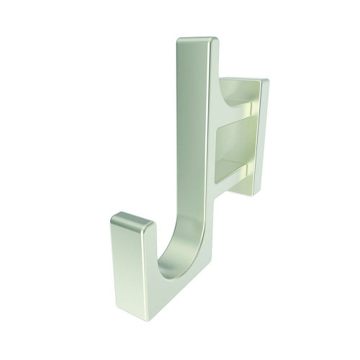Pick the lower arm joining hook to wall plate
pyautogui.click(x=234, y=173)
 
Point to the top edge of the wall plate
pyautogui.click(x=245, y=78)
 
